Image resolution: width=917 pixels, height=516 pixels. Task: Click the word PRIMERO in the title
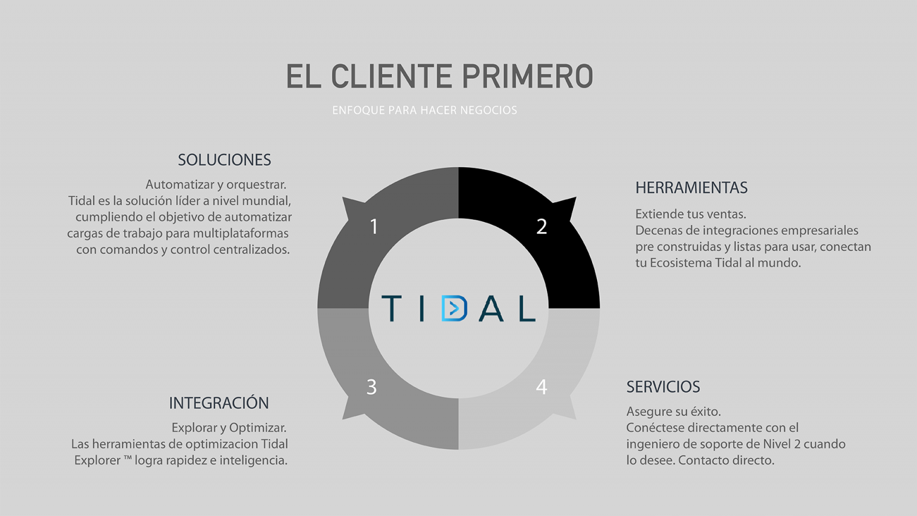tap(528, 76)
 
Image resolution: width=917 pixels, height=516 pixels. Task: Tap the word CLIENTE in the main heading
tap(391, 76)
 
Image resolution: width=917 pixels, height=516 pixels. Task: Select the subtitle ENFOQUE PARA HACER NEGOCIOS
tap(424, 110)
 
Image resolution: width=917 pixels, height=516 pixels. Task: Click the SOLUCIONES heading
tap(224, 160)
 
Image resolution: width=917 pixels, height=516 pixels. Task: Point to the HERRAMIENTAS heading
tap(691, 188)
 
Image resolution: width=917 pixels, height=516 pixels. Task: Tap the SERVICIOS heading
tap(663, 387)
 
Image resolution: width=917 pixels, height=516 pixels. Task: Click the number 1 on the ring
tap(374, 227)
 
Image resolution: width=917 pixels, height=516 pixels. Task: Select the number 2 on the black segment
tap(541, 227)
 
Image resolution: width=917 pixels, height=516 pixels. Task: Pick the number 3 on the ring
tap(371, 387)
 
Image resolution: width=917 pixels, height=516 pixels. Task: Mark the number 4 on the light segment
tap(541, 387)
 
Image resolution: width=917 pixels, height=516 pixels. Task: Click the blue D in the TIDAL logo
tap(454, 308)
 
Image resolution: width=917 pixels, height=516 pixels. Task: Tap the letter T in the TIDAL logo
tap(392, 308)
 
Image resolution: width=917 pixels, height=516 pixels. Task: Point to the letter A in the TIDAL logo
tap(491, 308)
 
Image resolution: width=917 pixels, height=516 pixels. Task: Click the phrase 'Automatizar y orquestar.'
tap(216, 185)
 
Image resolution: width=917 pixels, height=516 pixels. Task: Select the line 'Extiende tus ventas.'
tap(691, 214)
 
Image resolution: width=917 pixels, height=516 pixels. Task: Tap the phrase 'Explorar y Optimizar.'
tap(229, 428)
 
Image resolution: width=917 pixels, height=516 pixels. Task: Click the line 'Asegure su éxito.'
tap(673, 412)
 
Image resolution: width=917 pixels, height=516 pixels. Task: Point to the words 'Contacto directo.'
tap(726, 461)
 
